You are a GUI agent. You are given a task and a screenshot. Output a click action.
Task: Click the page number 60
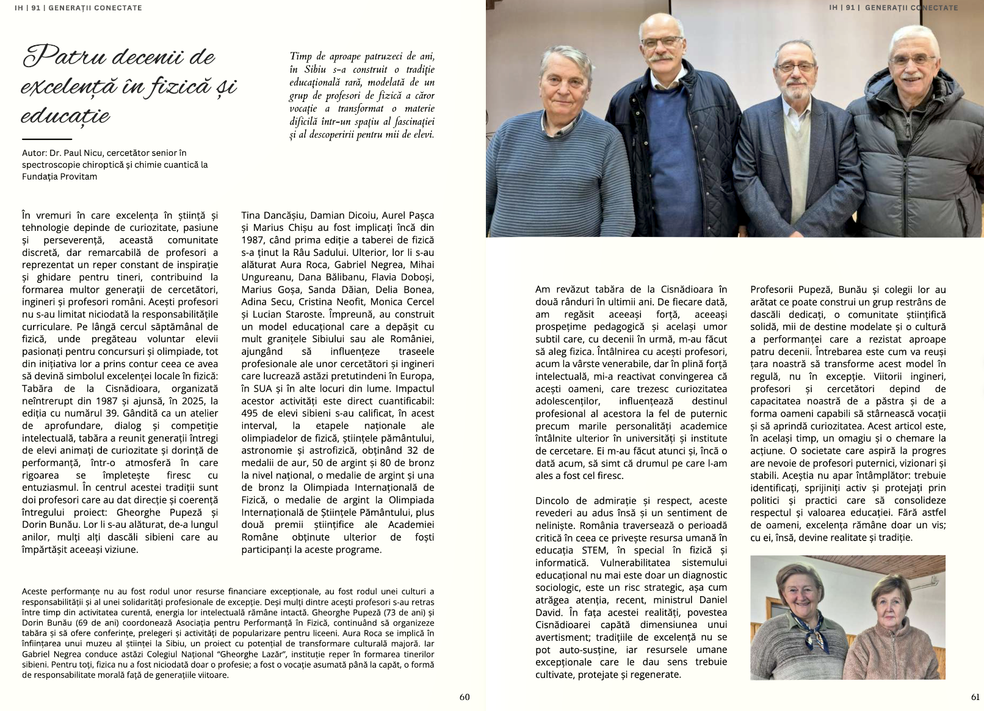[465, 697]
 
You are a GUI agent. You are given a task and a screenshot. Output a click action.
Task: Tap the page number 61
[975, 697]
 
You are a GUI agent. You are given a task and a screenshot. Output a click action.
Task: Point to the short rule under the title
[46, 139]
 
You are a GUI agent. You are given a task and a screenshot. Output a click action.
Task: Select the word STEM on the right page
[594, 550]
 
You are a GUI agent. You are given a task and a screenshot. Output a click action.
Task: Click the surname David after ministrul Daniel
[549, 612]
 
